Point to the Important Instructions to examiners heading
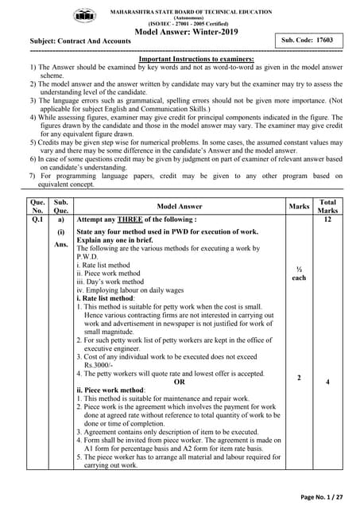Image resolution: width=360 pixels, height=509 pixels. click(195, 59)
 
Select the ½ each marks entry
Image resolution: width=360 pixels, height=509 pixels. click(299, 274)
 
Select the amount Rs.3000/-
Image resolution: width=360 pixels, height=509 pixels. click(100, 363)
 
